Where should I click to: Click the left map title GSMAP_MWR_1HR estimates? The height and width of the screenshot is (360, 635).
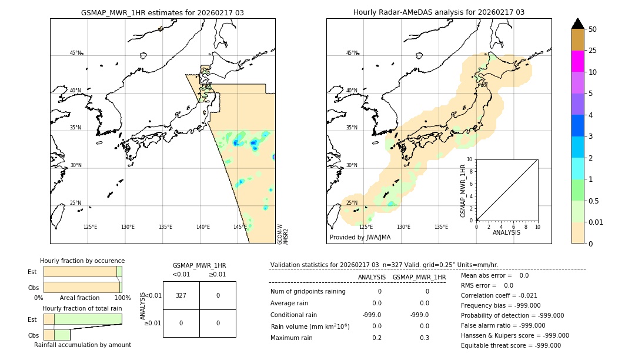[162, 12]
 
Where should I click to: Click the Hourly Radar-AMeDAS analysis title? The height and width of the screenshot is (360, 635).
[439, 12]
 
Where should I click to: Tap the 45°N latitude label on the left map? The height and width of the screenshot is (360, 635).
[75, 53]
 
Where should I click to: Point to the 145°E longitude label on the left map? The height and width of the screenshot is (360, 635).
[240, 227]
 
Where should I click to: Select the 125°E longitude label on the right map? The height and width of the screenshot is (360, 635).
[366, 227]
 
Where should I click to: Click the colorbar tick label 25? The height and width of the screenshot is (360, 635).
[593, 51]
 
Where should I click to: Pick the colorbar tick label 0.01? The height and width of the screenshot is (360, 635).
[596, 222]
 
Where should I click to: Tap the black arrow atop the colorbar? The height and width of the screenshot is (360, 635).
[577, 24]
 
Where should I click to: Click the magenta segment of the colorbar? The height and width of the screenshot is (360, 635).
[577, 61]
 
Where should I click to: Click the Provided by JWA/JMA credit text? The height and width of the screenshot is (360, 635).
[360, 238]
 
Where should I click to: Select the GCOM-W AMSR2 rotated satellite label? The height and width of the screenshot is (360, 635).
[283, 234]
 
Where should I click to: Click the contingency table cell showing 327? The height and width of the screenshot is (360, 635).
[181, 295]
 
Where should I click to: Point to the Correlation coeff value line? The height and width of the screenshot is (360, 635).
[499, 296]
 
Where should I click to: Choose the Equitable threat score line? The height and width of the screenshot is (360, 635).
[510, 345]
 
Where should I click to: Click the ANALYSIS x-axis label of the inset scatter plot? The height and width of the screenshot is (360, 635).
[506, 232]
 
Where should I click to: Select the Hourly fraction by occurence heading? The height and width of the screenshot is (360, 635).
[82, 261]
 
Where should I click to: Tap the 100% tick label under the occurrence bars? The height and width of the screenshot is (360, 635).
[122, 298]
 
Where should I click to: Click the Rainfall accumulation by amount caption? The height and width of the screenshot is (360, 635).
[82, 345]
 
